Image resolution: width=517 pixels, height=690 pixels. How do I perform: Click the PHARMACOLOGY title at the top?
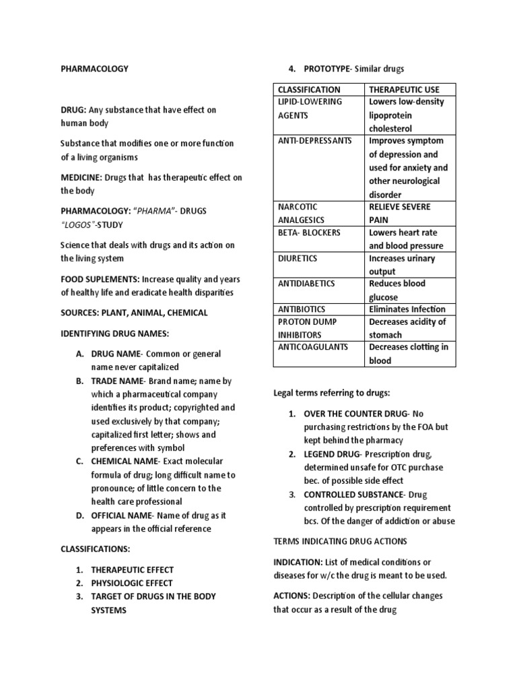point(94,69)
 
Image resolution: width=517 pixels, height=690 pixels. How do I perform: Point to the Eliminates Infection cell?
point(407,309)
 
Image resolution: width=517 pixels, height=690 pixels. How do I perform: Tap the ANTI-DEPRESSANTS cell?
point(314,141)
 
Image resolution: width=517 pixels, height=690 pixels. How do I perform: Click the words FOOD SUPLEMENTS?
point(100,279)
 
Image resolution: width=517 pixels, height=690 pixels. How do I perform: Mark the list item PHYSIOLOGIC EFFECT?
point(132,583)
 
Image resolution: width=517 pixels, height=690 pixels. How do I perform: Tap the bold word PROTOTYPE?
point(327,69)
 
